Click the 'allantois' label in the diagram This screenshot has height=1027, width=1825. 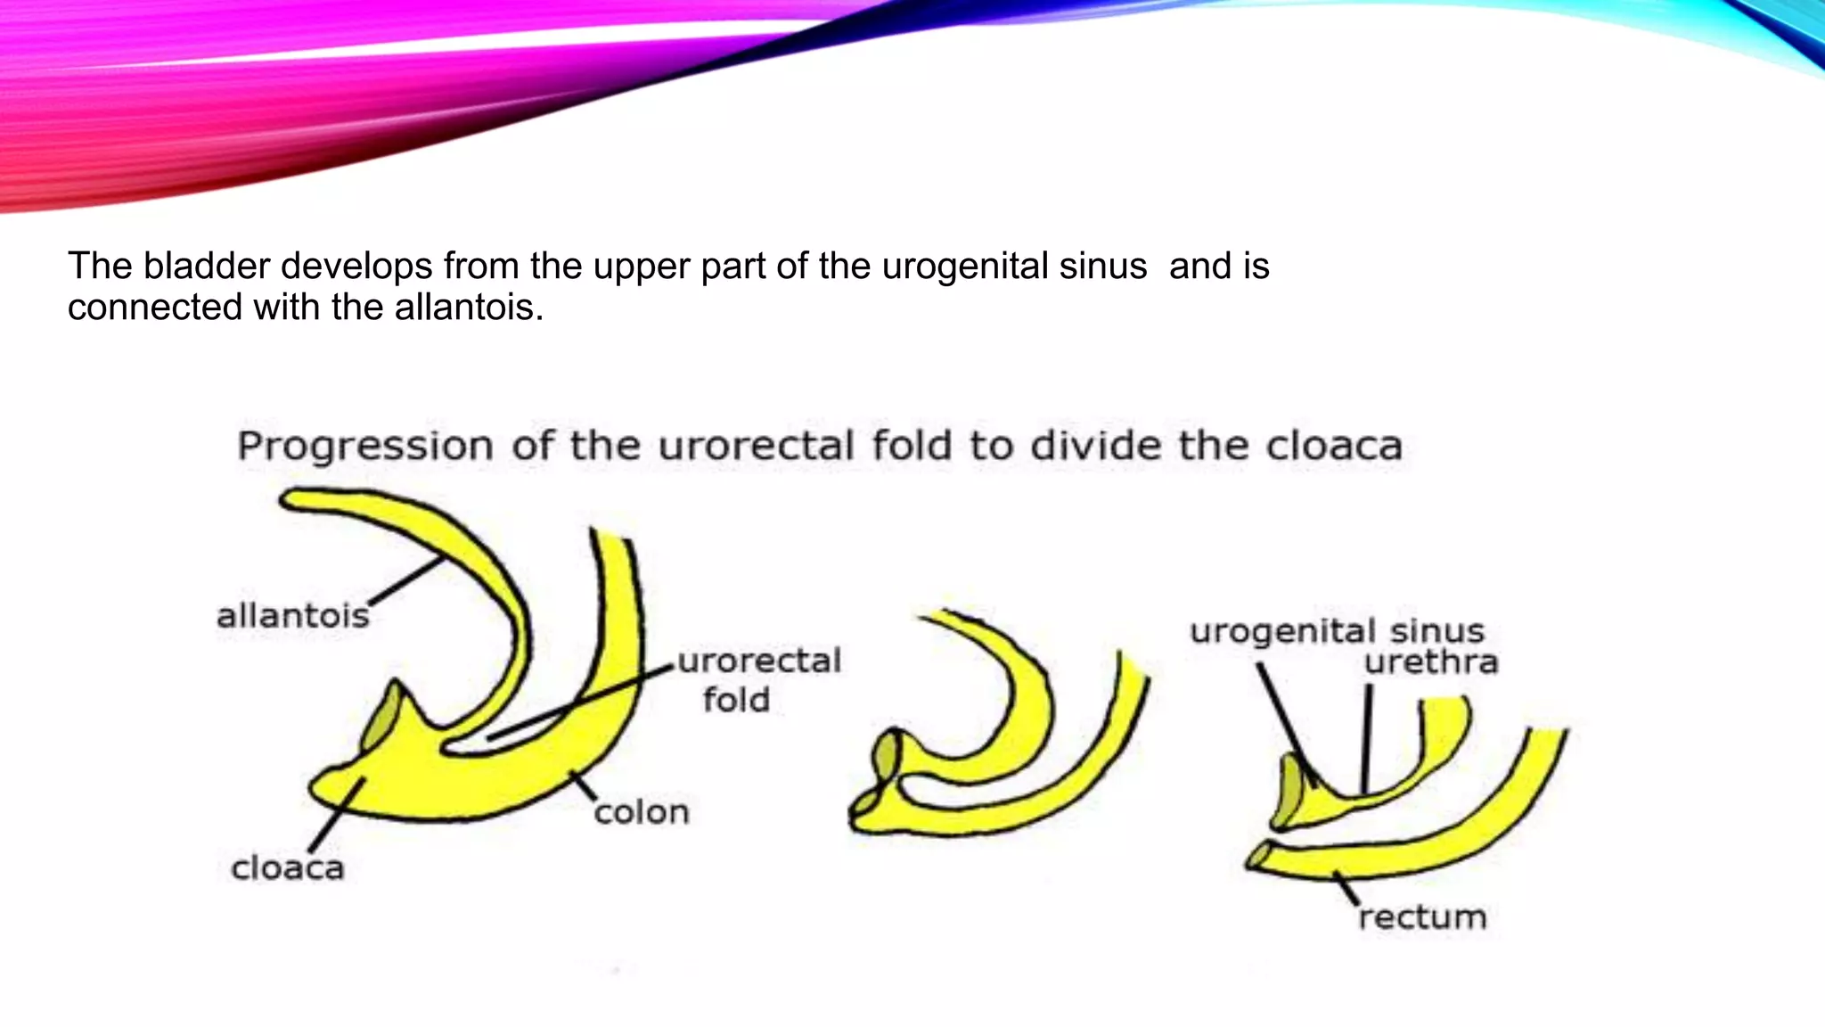[293, 615]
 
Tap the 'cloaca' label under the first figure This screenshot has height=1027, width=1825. [287, 867]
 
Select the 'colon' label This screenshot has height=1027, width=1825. [642, 812]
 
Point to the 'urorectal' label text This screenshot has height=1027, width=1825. [759, 661]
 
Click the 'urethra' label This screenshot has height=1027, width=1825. [1431, 662]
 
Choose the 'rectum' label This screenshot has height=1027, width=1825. [1422, 916]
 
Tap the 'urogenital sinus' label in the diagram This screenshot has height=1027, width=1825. [1337, 631]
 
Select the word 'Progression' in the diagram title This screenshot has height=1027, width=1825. [365, 446]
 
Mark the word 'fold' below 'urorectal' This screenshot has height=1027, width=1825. [736, 700]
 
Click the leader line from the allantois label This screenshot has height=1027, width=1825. [406, 580]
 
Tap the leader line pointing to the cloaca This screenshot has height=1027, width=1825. [337, 816]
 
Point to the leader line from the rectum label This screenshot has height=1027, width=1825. [1346, 888]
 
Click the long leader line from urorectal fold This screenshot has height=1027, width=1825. [579, 703]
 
